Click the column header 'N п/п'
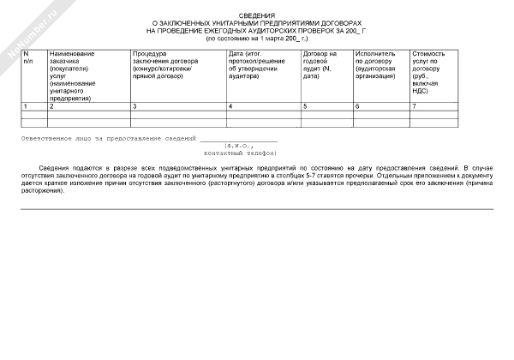(27, 58)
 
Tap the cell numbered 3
(135, 106)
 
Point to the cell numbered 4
(230, 106)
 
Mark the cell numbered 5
(305, 106)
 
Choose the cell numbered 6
(357, 106)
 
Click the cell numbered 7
(414, 106)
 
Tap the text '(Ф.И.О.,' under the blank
(239, 146)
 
